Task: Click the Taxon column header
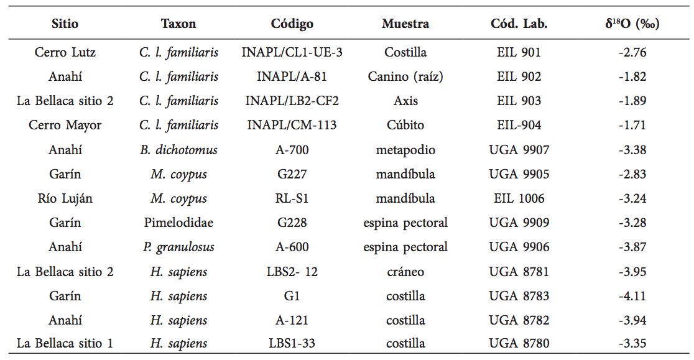click(178, 24)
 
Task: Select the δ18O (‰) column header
click(632, 24)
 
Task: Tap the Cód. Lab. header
click(519, 24)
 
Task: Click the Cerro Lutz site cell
click(65, 52)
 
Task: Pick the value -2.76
click(632, 52)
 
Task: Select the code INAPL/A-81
click(292, 76)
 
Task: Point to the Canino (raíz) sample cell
click(405, 76)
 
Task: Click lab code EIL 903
click(519, 101)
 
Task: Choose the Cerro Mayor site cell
click(65, 125)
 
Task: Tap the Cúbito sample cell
click(405, 125)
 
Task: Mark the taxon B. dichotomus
click(178, 150)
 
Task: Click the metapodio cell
click(405, 150)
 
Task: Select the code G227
click(292, 174)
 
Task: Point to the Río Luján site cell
click(65, 198)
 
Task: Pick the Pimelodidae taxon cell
click(178, 223)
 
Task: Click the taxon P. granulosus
click(178, 247)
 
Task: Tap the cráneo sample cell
click(405, 272)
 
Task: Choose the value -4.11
click(632, 296)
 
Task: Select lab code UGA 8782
click(519, 320)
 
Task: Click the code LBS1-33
click(292, 343)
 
